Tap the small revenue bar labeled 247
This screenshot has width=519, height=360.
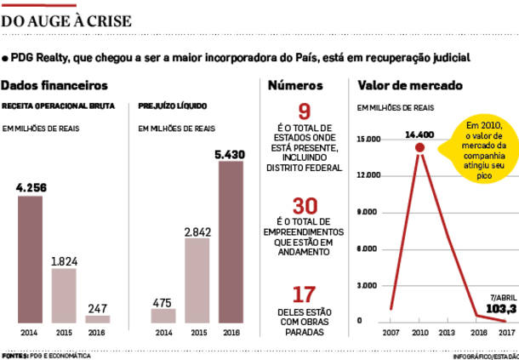98,318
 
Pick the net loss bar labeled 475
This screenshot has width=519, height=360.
163,315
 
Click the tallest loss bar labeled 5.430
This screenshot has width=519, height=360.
231,242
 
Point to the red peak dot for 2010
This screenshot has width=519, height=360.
419,147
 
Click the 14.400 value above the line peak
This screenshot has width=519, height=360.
419,134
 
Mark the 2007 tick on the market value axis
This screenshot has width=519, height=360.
391,332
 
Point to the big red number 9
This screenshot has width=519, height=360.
304,111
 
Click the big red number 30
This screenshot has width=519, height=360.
304,207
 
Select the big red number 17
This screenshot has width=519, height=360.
304,294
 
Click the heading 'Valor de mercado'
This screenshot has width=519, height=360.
410,85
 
